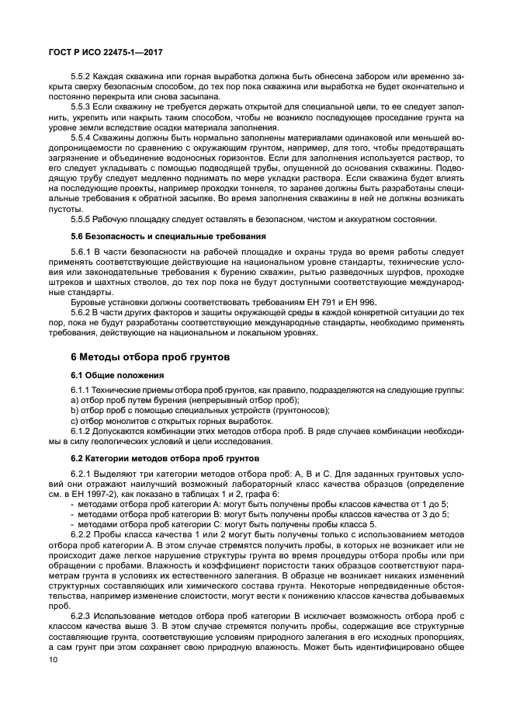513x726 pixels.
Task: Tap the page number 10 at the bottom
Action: pyautogui.click(x=54, y=658)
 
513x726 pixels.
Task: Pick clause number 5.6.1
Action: pyautogui.click(x=82, y=252)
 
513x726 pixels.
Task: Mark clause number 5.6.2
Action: pyautogui.click(x=82, y=313)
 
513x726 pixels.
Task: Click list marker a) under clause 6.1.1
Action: pyautogui.click(x=75, y=399)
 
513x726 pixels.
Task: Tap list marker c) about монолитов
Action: pyautogui.click(x=75, y=420)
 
